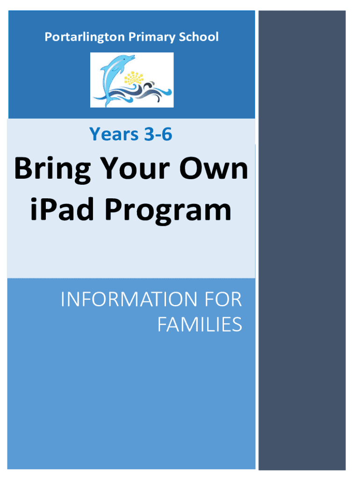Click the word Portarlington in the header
(x=85, y=37)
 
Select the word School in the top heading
(x=199, y=36)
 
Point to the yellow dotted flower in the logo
(x=134, y=78)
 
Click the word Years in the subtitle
(x=114, y=134)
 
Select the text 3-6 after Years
(x=158, y=134)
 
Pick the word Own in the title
(x=214, y=168)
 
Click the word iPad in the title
(x=62, y=209)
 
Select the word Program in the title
(x=168, y=211)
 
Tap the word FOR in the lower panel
(x=223, y=299)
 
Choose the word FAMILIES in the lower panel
(x=200, y=325)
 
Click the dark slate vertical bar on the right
(x=302, y=240)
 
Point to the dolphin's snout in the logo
(x=132, y=57)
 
